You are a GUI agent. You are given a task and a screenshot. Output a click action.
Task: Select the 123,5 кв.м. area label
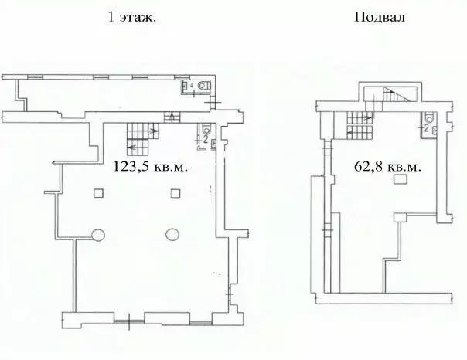click(x=152, y=165)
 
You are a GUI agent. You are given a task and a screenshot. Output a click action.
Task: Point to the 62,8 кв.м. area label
click(x=388, y=165)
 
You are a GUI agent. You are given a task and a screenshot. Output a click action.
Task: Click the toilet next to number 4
click(x=202, y=86)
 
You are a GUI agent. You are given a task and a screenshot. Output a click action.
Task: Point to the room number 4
click(x=191, y=87)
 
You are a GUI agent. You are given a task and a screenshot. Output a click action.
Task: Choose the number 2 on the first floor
click(x=205, y=141)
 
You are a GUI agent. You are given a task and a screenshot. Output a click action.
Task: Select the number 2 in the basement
click(x=426, y=129)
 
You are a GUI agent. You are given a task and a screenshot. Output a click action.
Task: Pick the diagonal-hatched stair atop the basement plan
click(x=394, y=98)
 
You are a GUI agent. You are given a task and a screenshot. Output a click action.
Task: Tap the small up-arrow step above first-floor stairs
click(x=171, y=117)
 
